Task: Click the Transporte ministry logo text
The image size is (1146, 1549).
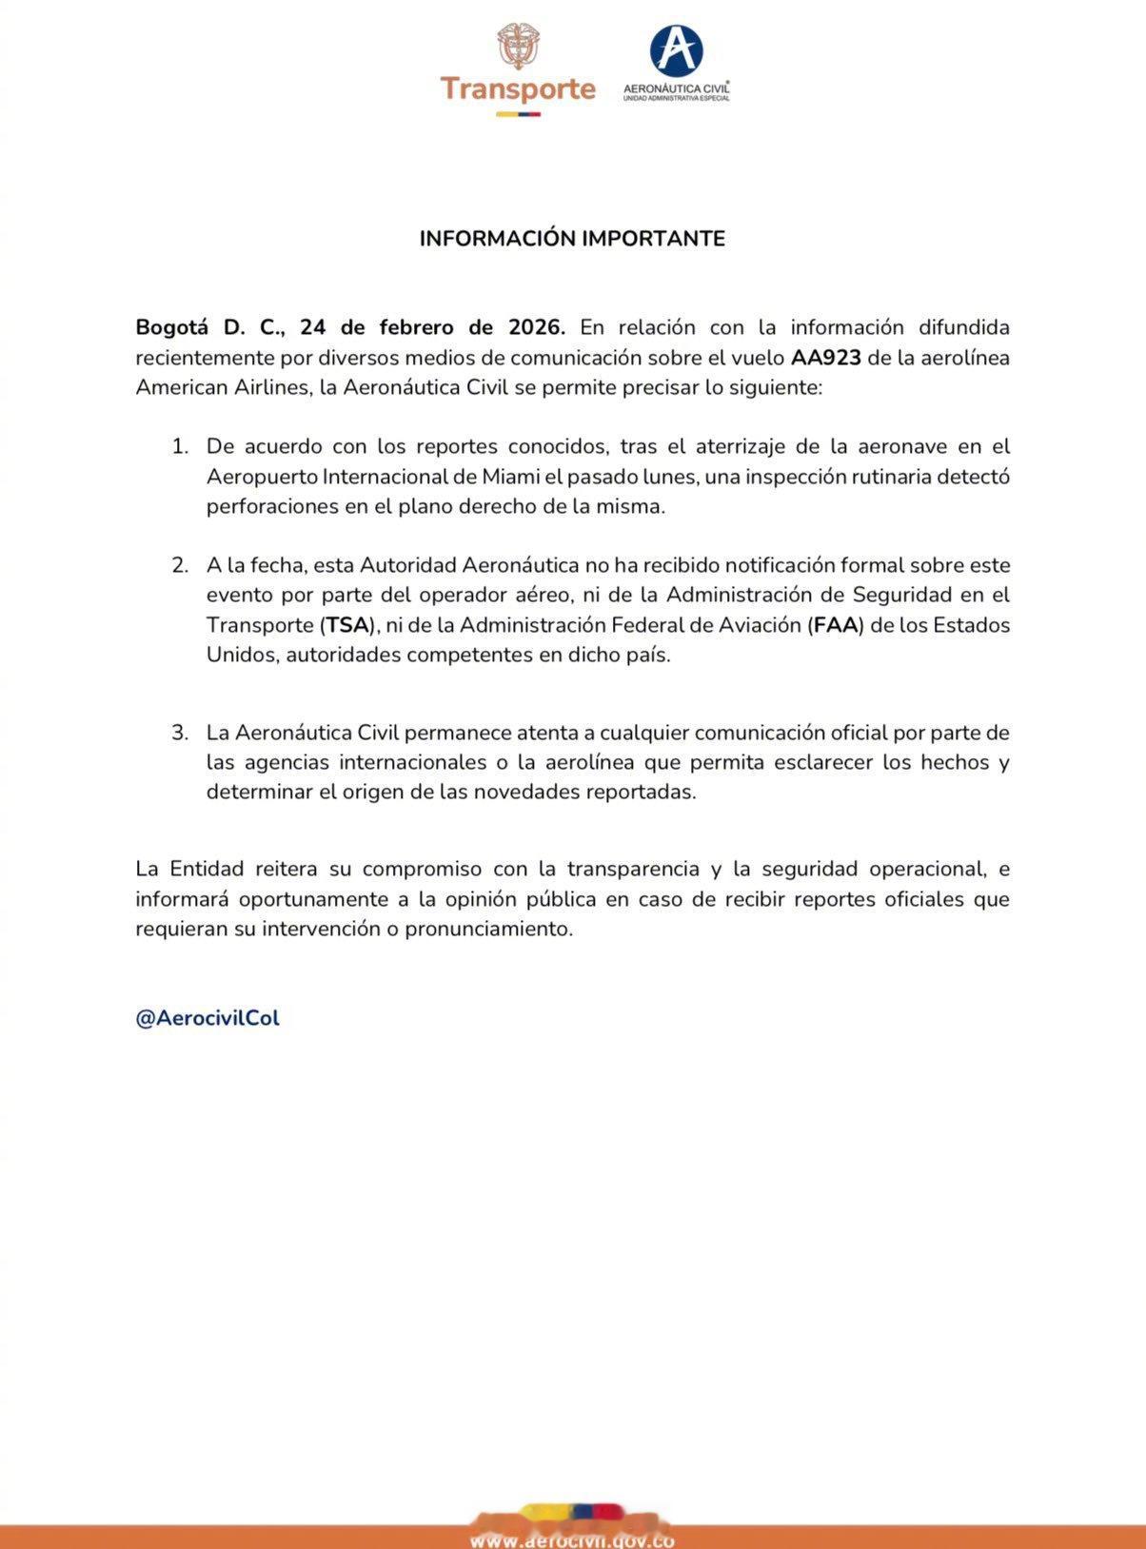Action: point(518,88)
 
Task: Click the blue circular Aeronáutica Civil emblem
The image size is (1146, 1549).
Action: point(676,49)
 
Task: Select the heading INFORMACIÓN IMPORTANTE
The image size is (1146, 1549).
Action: point(572,238)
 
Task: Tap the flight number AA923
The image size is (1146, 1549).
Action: point(825,358)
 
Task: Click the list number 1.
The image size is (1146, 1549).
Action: point(180,446)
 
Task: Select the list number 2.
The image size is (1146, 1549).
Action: point(180,565)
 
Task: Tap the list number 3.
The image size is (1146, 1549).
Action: point(180,733)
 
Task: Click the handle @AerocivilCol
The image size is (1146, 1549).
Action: point(207,1018)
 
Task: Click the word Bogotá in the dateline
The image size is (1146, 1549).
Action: point(171,327)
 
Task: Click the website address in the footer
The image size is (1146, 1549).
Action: point(572,1539)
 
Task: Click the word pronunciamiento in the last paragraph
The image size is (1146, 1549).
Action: point(489,929)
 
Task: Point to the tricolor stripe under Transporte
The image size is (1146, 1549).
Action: point(518,114)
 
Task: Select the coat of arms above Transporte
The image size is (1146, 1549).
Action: point(518,46)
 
